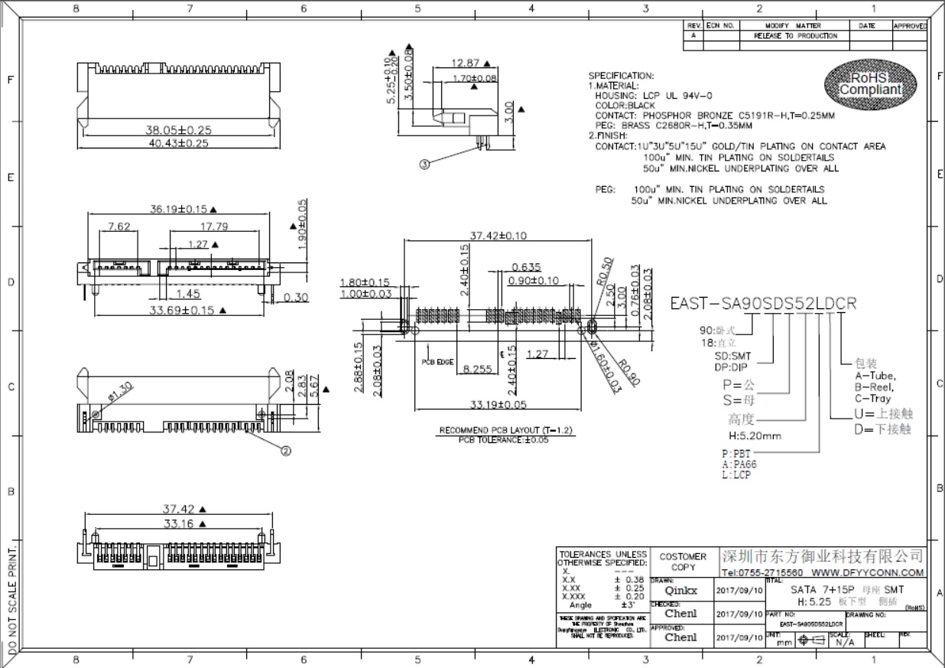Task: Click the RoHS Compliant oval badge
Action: coord(870,84)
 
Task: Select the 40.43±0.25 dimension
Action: coord(177,143)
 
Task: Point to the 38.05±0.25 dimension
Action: coord(178,130)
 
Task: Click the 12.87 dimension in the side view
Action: coord(465,64)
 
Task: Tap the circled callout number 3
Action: coord(425,163)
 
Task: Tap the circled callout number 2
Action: coord(286,451)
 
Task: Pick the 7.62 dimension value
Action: coord(119,226)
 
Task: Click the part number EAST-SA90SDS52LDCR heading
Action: coord(763,303)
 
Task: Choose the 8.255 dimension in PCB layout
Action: coord(477,369)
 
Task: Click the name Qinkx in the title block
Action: coord(680,591)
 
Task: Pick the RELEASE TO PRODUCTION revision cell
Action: coord(795,36)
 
